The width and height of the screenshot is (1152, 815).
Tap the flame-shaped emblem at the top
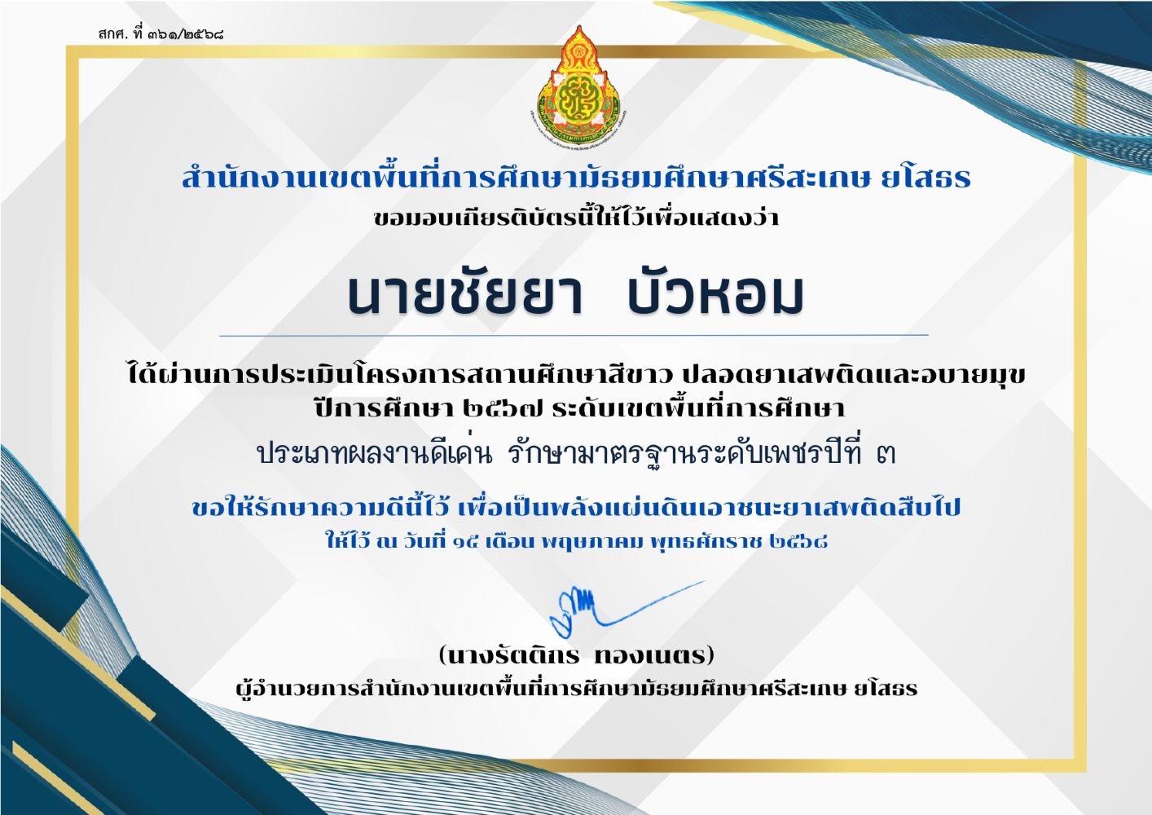[578, 85]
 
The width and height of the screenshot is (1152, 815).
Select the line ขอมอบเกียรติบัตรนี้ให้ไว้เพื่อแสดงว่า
[576, 217]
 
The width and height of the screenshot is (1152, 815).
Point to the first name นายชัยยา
[465, 295]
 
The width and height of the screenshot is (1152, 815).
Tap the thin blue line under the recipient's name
[574, 336]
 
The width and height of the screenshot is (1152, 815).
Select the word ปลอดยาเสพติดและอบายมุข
[854, 374]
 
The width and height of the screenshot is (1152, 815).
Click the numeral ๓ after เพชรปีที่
[886, 454]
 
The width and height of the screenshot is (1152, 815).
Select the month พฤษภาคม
[592, 542]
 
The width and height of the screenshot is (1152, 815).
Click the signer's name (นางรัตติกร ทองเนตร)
[577, 656]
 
